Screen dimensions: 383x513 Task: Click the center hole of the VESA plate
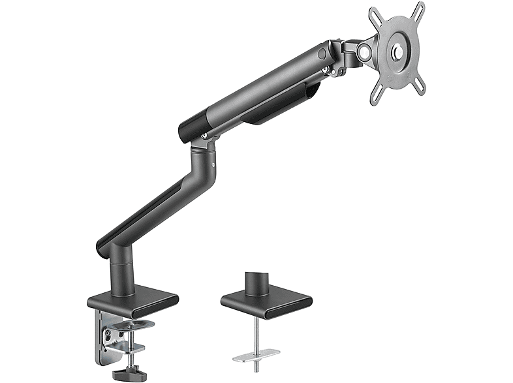[396, 52]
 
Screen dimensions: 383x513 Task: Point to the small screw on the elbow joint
[206, 136]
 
